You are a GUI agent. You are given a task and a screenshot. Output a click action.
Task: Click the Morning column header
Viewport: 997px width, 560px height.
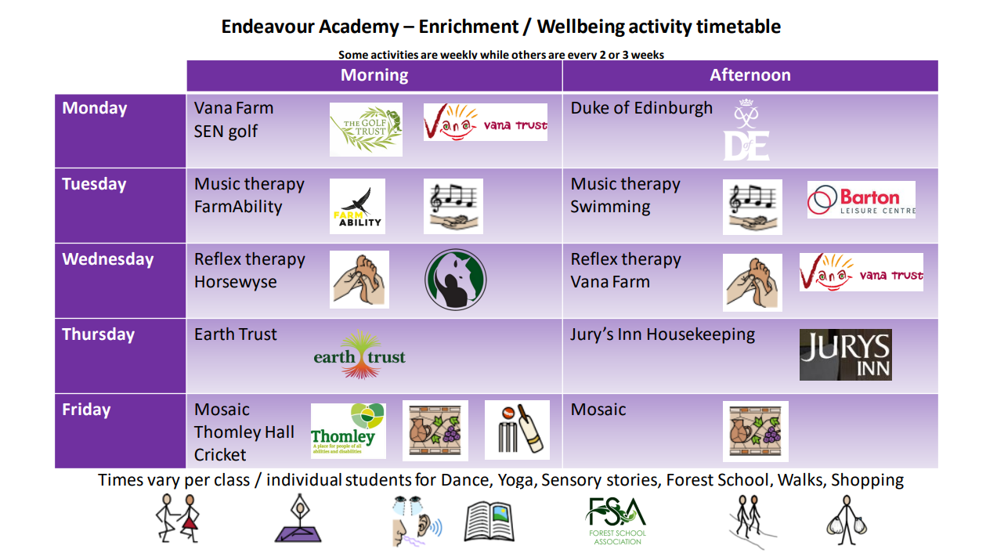coord(374,75)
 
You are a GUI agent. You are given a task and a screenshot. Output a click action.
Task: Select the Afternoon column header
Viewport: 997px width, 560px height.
coord(750,75)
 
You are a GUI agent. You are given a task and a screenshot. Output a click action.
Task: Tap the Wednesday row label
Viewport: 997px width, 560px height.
coord(108,259)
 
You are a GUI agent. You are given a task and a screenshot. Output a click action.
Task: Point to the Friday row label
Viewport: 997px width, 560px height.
coord(86,410)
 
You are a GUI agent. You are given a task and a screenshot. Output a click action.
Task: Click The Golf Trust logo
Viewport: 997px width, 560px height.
coord(366,129)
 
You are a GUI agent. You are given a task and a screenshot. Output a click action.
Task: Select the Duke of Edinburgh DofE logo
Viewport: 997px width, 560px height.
coord(746,129)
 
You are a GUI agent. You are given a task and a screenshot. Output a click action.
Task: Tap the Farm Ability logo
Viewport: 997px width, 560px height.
coord(357,206)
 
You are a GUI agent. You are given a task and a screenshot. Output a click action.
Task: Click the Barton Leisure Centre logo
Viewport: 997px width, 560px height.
coord(862,200)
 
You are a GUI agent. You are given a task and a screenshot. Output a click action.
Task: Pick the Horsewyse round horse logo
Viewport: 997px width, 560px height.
coord(455,280)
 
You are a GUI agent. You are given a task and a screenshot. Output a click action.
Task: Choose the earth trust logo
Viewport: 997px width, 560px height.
coord(359,355)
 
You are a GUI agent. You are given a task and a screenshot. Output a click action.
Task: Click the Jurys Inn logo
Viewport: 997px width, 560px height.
coord(845,355)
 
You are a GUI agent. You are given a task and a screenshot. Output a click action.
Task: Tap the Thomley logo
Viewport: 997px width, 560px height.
coord(348,431)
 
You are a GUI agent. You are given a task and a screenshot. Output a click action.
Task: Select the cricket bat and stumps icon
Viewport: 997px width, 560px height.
coord(517,429)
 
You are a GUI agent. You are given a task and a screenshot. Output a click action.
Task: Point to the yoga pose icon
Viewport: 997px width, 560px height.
coord(298,518)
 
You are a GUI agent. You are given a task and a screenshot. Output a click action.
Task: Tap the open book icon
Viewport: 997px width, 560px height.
coord(489,522)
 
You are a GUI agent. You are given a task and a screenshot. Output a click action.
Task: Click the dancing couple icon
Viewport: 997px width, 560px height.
coord(178,518)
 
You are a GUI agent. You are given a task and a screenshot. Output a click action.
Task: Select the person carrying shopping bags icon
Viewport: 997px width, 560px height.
coord(847,520)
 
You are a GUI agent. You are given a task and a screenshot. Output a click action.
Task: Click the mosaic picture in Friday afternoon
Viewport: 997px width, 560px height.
coord(755,432)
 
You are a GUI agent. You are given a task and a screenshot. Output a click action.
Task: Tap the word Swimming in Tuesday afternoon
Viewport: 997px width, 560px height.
coord(610,208)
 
